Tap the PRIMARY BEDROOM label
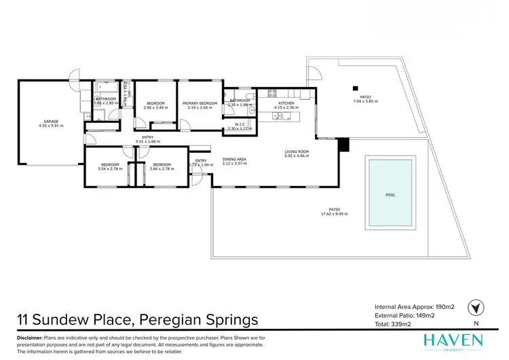click(200, 103)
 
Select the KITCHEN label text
click(284, 103)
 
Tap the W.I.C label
click(239, 124)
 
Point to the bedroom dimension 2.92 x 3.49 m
click(155, 108)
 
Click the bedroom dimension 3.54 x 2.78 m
click(110, 168)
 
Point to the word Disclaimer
click(29, 338)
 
